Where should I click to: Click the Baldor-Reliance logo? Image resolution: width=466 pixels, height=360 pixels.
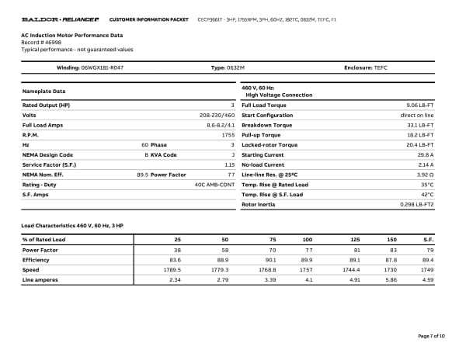tap(58, 18)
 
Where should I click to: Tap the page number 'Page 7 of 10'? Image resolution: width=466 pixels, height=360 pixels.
tap(431, 335)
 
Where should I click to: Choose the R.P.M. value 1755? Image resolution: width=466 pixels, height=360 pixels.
tap(228, 135)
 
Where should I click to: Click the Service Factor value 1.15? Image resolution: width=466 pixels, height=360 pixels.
tap(229, 164)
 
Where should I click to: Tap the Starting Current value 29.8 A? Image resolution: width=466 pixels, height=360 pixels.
tap(423, 155)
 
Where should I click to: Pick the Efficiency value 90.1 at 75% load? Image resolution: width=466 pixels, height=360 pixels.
tap(271, 260)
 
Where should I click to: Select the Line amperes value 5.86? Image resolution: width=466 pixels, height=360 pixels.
tap(391, 279)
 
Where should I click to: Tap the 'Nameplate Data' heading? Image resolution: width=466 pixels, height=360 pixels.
tap(43, 92)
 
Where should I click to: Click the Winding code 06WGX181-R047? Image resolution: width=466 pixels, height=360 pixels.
tap(102, 68)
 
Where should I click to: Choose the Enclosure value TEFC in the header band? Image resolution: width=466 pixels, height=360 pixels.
tap(380, 68)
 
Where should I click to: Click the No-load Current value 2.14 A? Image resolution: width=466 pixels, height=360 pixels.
tap(425, 165)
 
